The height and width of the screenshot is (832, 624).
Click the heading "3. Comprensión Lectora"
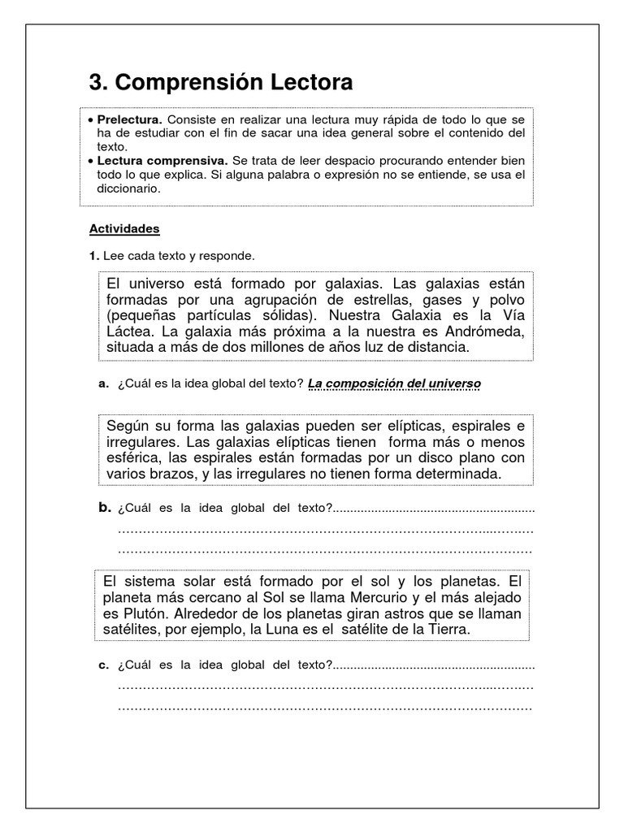coord(221,83)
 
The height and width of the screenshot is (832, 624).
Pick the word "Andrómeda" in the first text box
coord(483,331)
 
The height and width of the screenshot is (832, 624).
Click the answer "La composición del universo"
coord(394,383)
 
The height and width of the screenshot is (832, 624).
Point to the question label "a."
coord(103,383)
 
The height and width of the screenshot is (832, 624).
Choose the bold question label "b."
coord(104,508)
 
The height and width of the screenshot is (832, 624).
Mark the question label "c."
coord(103,665)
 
